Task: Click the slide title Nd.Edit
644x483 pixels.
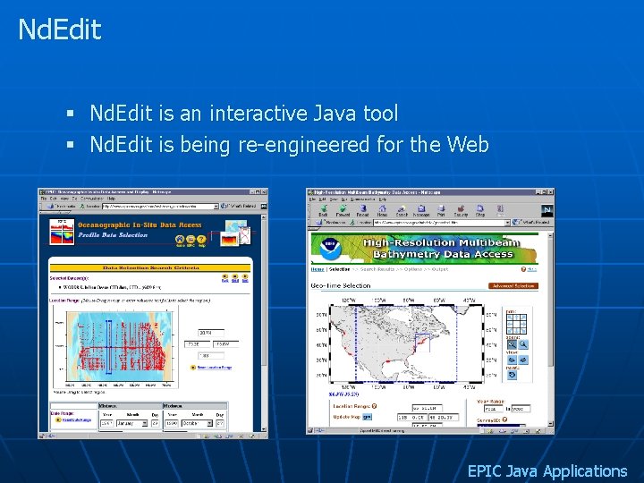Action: [60, 30]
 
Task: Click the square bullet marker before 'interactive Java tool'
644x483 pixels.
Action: [70, 114]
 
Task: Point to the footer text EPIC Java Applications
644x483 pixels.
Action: [547, 470]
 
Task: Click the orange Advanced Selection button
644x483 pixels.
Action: [513, 286]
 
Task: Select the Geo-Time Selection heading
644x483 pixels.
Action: [341, 285]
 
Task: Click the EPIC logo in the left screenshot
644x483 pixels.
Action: [62, 231]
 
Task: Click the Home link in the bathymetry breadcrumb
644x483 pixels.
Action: [317, 269]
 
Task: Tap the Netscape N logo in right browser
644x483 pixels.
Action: [547, 211]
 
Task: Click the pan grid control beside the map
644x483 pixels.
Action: [516, 322]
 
